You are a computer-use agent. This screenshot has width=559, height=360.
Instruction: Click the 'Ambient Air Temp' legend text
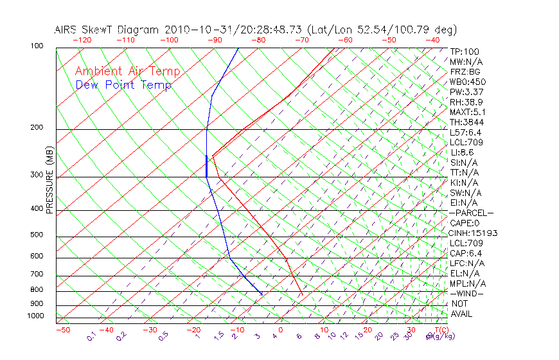coord(127,71)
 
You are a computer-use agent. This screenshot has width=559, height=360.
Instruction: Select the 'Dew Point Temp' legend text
coord(123,85)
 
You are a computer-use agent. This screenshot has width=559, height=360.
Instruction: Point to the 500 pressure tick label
coord(36,235)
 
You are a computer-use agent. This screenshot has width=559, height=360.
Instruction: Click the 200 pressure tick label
coord(36,128)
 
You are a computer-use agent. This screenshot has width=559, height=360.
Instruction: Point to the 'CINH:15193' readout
coord(474,233)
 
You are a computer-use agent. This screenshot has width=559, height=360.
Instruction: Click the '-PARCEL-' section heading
coord(471,213)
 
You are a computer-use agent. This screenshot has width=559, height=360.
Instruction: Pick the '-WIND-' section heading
coord(466,293)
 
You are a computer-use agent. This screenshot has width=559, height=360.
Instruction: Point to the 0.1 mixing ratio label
coord(92,336)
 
